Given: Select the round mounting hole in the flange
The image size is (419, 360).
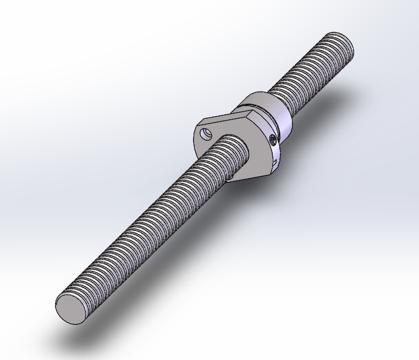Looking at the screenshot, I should (x=206, y=133).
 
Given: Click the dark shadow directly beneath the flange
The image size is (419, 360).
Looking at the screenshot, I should (x=258, y=184).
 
